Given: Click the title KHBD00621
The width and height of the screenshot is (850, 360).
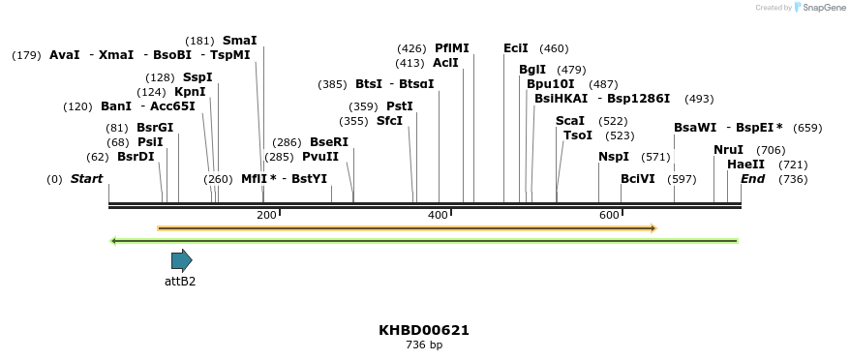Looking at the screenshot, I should [x=424, y=330].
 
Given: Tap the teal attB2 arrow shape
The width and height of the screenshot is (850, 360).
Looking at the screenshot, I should [x=181, y=260].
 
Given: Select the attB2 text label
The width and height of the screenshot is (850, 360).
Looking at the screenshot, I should [x=180, y=282].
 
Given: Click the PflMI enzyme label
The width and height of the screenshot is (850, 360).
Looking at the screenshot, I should [x=451, y=48].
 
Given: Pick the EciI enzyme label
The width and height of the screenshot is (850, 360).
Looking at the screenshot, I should [x=516, y=48].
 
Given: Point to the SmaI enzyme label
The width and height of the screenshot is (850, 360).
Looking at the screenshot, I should [x=240, y=41].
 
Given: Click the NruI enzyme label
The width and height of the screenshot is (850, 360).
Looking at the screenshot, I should [x=728, y=150].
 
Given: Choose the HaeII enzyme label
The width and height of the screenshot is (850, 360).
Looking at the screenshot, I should [x=745, y=165].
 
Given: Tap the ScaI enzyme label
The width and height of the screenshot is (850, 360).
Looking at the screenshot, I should [x=570, y=121].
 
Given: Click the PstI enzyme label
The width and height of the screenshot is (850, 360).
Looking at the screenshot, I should [x=400, y=106].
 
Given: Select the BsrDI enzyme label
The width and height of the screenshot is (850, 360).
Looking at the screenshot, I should [x=136, y=157].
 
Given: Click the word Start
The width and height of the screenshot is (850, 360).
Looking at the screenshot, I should [x=86, y=179].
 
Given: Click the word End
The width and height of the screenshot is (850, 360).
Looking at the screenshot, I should [x=752, y=179].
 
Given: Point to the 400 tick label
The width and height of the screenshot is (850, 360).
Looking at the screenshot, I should [x=438, y=215].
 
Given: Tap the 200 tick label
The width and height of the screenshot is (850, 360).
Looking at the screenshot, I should [x=266, y=215].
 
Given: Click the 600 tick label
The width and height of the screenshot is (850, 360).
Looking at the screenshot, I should [x=609, y=215].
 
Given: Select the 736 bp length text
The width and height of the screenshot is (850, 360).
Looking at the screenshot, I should [x=424, y=345].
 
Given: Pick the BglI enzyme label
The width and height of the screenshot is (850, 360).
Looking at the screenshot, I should [x=532, y=70].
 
